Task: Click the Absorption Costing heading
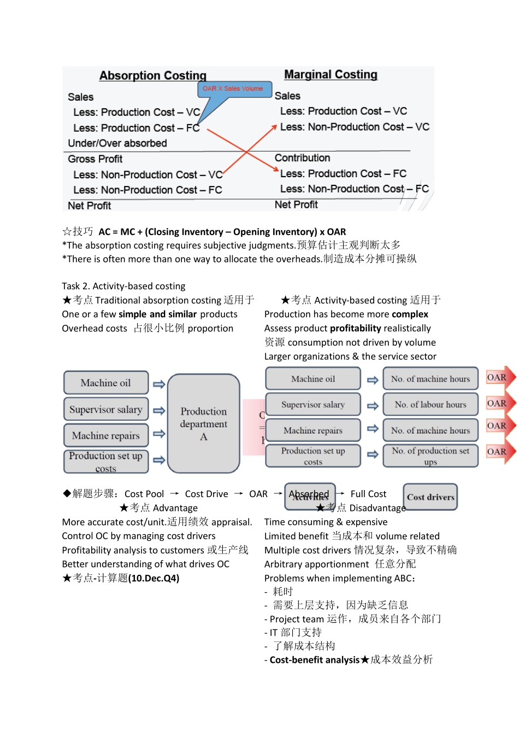coord(153,75)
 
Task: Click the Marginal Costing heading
coord(331,74)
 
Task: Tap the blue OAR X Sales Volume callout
coord(233,89)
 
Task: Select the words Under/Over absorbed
coord(117,143)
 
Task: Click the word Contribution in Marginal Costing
coord(302,158)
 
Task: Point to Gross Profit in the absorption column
coord(95,159)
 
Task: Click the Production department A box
coord(204,423)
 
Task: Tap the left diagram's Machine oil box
coord(106,383)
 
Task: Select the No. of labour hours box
coord(430,405)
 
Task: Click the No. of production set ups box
coord(430,456)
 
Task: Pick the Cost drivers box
coord(430,497)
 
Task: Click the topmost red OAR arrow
coord(499,378)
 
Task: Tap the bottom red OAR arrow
coord(499,452)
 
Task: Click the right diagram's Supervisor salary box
coord(313,405)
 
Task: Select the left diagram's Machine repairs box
coord(106,436)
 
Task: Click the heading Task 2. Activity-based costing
coord(123,286)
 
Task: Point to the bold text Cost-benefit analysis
coord(315,660)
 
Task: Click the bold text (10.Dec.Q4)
coord(154,578)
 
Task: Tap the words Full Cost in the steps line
coord(368,494)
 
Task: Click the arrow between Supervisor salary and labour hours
coord(373,406)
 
